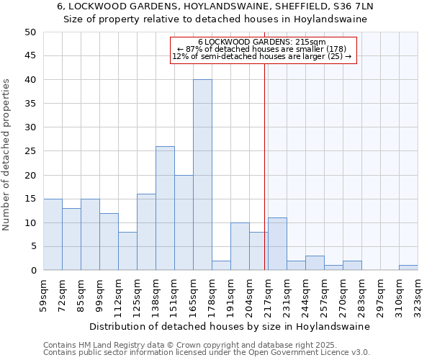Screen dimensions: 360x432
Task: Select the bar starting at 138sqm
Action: (x=165, y=208)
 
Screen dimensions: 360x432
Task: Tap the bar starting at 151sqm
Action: (x=184, y=222)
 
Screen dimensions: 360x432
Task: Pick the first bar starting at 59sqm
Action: (x=53, y=235)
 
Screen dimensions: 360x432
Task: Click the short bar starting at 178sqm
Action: (x=221, y=266)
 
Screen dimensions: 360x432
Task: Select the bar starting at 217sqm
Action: (x=277, y=244)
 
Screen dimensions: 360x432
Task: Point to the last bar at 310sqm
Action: (x=408, y=268)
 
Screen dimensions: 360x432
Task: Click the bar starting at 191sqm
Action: (x=240, y=246)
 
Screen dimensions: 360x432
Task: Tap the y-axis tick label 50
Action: (x=30, y=32)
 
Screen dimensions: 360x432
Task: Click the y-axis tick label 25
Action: (x=30, y=151)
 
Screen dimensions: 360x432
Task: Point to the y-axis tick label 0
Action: (x=32, y=271)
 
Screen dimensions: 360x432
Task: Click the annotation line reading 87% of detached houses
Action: (x=262, y=49)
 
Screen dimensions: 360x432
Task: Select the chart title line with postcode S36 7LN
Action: (x=215, y=6)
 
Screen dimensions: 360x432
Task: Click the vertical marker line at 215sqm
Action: (x=265, y=166)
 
